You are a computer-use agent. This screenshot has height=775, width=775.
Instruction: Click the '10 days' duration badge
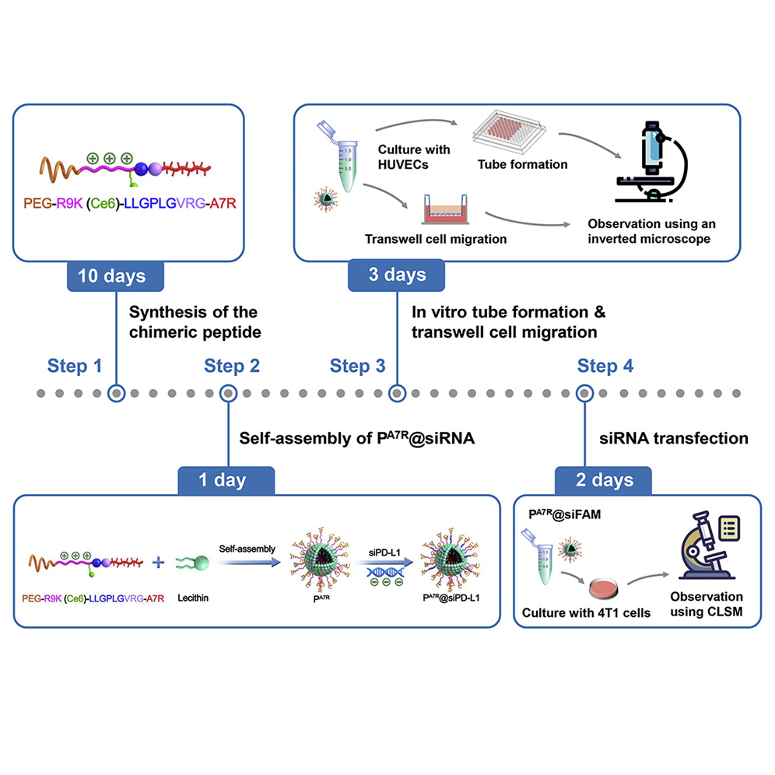coord(116,276)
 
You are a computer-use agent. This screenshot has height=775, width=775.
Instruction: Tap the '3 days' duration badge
coord(398,275)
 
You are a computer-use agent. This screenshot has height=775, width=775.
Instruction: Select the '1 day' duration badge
coord(226,480)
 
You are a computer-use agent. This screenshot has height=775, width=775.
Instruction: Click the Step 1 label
coord(75,366)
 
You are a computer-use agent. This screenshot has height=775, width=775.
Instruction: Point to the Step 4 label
coord(605,366)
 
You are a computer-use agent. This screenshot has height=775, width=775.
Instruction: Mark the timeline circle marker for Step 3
coord(397,394)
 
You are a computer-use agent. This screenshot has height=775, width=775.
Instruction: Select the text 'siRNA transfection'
coord(673,438)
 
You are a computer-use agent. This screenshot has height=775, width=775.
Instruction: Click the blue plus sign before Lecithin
coord(160,563)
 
